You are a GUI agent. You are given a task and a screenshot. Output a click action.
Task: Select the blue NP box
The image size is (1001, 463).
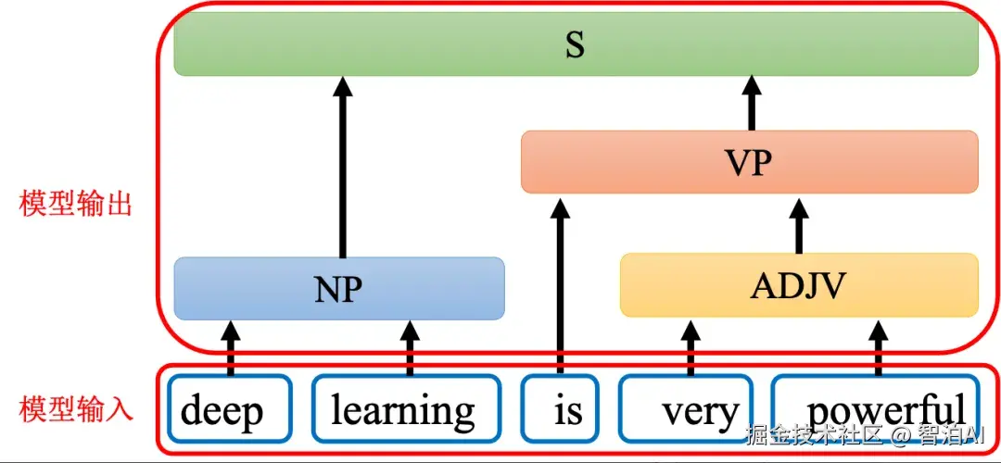coord(339,288)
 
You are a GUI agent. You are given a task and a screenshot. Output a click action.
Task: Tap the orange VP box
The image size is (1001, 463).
coord(750,161)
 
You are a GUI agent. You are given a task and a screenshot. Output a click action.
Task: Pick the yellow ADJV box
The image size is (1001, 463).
coord(799,285)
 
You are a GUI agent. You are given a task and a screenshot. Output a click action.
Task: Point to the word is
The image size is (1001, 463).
coord(568,411)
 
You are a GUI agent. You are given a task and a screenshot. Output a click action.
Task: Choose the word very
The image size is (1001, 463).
coord(701,413)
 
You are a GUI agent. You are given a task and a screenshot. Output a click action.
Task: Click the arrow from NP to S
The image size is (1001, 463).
coord(344,167)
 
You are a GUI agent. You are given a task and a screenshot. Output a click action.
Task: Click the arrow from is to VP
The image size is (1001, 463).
coord(561,284)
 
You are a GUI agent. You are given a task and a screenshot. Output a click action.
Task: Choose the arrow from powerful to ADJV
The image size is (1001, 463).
coord(879,346)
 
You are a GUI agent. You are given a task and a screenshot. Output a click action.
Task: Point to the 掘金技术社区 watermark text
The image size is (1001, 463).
coord(815,436)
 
